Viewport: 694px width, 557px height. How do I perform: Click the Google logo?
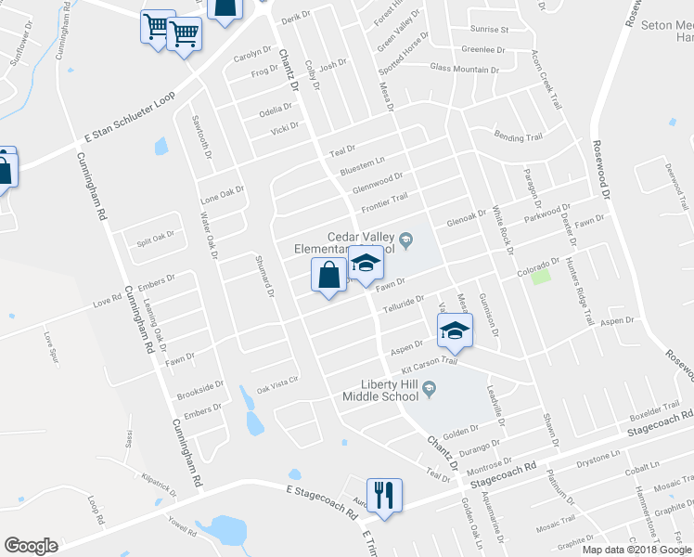point(31,546)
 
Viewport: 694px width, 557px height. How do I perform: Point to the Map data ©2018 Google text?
point(636,550)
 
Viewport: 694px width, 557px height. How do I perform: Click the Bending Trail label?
point(518,137)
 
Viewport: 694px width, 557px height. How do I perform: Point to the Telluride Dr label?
point(405,304)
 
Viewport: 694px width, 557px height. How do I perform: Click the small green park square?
point(536,278)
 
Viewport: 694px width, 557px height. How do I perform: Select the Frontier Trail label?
point(384,199)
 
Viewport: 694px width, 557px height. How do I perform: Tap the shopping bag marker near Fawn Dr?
point(328,276)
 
